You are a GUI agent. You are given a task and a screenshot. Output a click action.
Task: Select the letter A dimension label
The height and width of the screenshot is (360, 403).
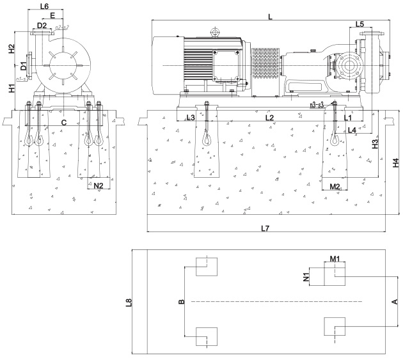coord(395,301)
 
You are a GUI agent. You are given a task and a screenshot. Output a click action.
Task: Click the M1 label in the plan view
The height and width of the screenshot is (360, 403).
coord(336,258)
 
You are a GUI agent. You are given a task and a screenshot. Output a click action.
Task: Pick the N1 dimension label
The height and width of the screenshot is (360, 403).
coord(306,278)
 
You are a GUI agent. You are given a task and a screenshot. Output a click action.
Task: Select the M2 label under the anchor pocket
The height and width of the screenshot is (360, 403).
coord(335,186)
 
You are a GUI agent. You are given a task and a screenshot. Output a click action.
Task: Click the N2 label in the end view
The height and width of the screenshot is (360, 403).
coord(98,185)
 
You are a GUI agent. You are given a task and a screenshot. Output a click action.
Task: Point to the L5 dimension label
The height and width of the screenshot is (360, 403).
coord(360,24)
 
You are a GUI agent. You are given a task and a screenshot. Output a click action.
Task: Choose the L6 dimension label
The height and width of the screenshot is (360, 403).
coord(44,6)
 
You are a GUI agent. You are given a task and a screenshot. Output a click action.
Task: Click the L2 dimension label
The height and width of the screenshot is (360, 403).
coord(269,118)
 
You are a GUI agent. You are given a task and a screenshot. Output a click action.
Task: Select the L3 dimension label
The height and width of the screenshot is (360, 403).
coord(190,118)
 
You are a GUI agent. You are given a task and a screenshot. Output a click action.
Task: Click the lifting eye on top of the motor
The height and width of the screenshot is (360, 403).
coord(215,31)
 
